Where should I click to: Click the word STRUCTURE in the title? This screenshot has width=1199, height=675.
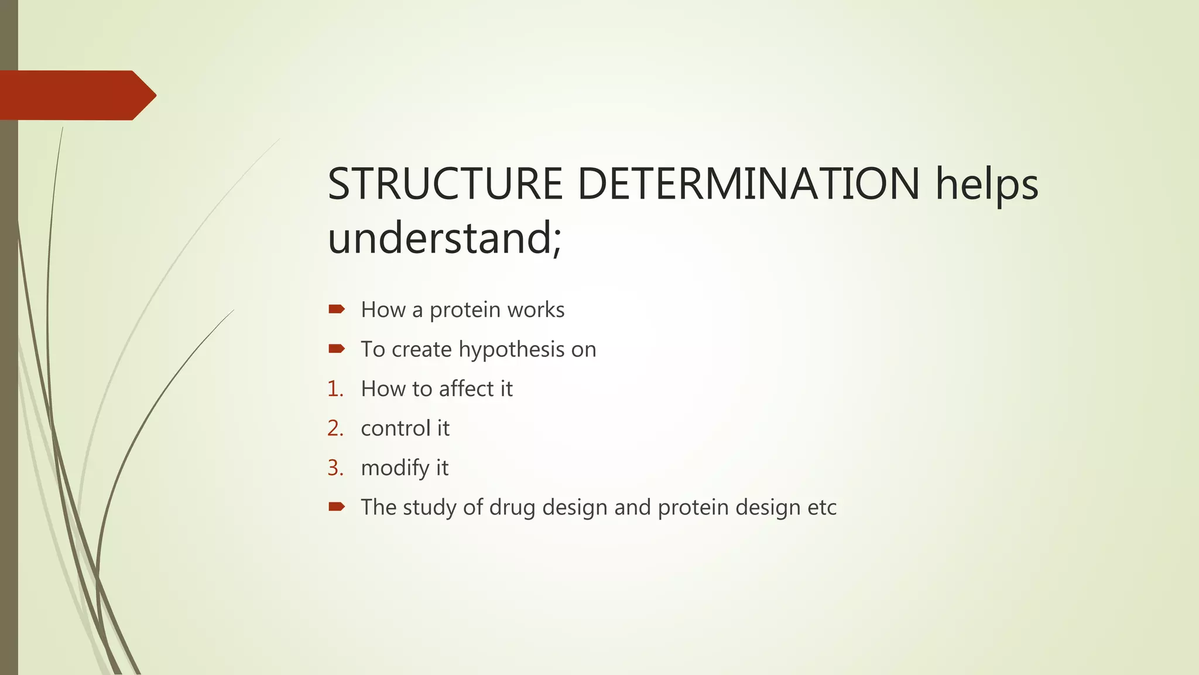[445, 184]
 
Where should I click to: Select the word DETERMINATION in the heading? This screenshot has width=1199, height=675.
[749, 184]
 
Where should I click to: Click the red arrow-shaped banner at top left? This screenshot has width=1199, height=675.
[76, 96]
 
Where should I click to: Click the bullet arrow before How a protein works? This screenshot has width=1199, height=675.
[337, 309]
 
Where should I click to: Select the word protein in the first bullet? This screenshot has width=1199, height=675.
[465, 310]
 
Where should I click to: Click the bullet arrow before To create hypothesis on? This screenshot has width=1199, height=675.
[337, 349]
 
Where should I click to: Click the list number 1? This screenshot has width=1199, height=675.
[335, 389]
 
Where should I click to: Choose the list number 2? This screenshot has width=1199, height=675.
[335, 428]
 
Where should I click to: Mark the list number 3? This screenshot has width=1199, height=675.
[335, 468]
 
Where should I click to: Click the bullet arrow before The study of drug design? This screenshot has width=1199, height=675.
[337, 507]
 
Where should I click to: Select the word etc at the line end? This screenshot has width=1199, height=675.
[821, 507]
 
